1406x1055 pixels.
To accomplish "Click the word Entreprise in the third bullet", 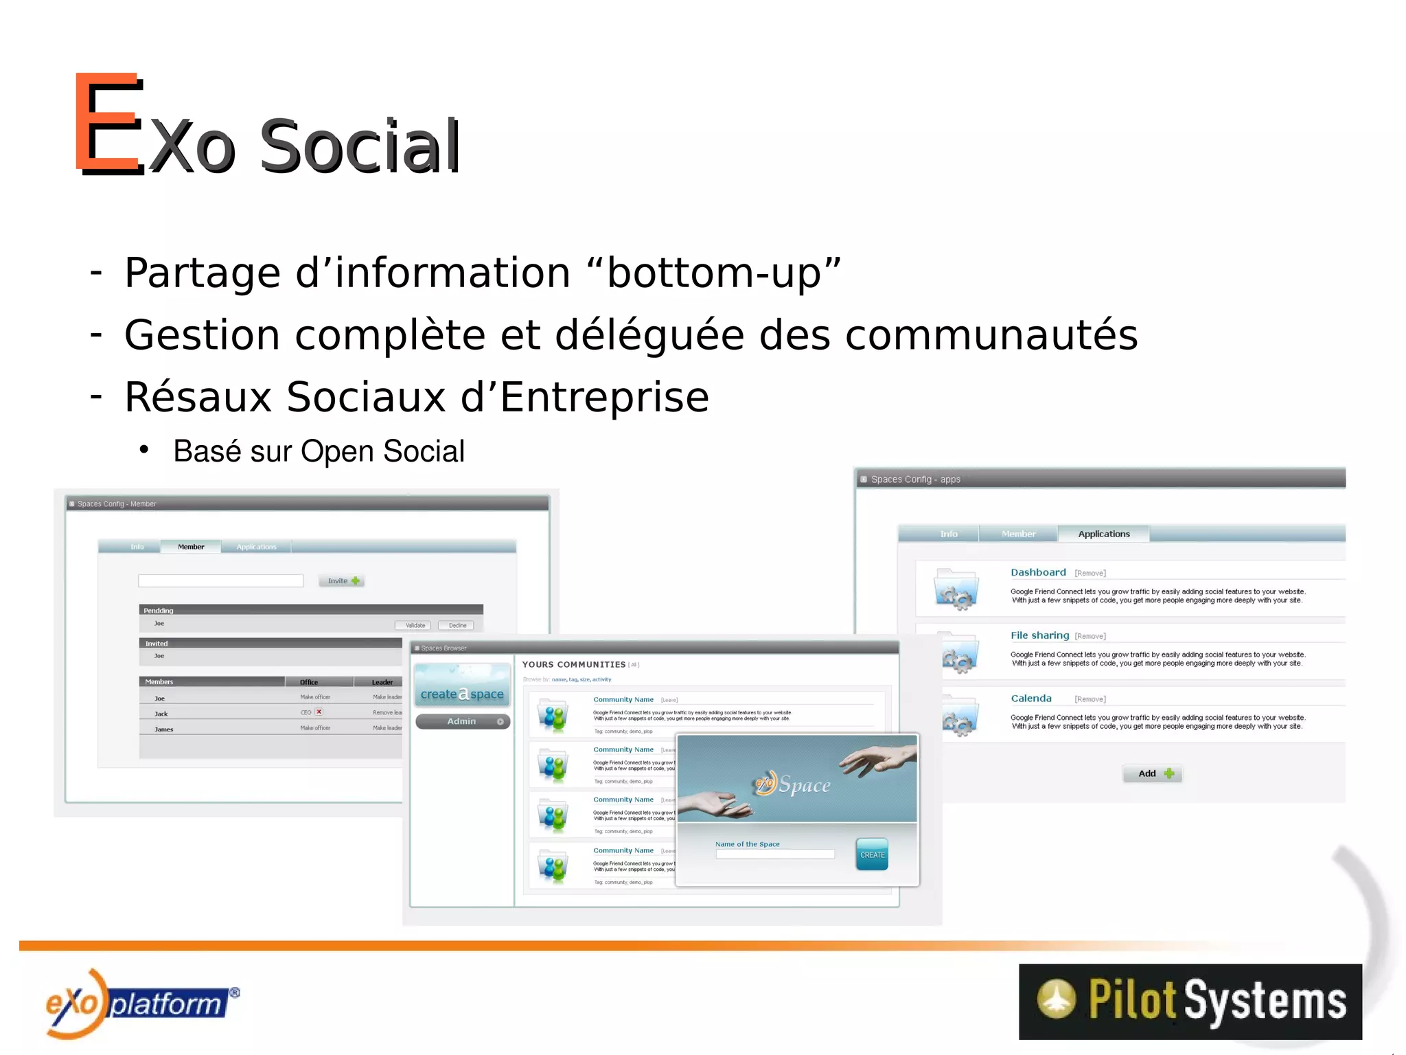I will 604,397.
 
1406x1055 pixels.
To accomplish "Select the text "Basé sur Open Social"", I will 319,451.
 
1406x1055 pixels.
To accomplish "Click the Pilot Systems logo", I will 1190,1001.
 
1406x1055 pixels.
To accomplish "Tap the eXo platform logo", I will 141,1002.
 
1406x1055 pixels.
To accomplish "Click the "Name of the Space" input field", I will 774,854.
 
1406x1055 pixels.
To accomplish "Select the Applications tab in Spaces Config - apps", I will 1103,534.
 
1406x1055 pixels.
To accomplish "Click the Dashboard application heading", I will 1037,572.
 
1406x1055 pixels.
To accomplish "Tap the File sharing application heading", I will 1039,635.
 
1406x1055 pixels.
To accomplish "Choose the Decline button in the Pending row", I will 457,625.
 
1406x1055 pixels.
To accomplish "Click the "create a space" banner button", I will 462,693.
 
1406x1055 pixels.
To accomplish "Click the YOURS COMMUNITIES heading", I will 573,664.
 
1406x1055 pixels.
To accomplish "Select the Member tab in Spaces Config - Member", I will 191,547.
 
